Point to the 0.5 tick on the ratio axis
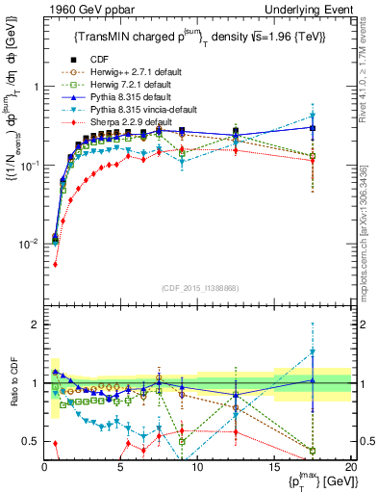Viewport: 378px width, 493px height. coord(33,441)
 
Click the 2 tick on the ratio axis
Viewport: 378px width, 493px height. coord(37,324)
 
